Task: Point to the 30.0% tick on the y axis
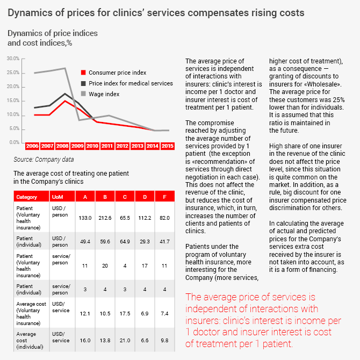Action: click(13, 59)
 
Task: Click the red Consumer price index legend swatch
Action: click(83, 73)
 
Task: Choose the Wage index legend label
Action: click(104, 94)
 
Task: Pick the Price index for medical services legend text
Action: click(131, 83)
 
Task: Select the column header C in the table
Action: click(125, 197)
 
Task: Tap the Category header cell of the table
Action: click(26, 197)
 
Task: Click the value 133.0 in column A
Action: click(83, 218)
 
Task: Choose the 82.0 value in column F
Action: click(164, 218)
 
